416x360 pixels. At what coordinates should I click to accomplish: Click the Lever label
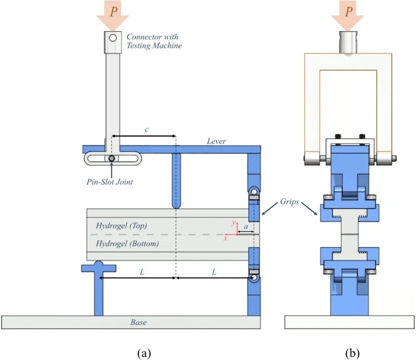click(216, 141)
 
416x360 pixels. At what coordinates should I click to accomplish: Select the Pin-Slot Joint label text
click(110, 182)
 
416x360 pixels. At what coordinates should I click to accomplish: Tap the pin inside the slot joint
click(111, 158)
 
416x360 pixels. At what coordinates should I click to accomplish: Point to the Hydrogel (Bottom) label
click(127, 244)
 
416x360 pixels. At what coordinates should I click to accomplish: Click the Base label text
click(138, 322)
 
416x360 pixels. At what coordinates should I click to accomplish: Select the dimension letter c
click(146, 130)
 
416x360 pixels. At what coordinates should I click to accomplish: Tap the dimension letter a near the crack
click(245, 227)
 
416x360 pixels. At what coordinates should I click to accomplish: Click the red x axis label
click(226, 238)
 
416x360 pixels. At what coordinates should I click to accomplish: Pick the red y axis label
click(233, 223)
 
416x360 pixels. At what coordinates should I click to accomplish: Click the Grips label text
click(289, 202)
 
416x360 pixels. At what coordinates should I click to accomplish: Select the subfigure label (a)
click(144, 352)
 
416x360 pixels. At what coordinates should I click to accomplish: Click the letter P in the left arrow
click(113, 12)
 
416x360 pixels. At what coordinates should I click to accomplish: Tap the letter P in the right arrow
click(348, 12)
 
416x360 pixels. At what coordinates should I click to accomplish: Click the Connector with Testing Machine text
click(154, 41)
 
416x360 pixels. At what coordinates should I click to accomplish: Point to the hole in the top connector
click(112, 38)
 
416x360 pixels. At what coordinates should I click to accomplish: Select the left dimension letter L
click(142, 272)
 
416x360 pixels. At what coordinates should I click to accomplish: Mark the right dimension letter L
click(214, 272)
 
